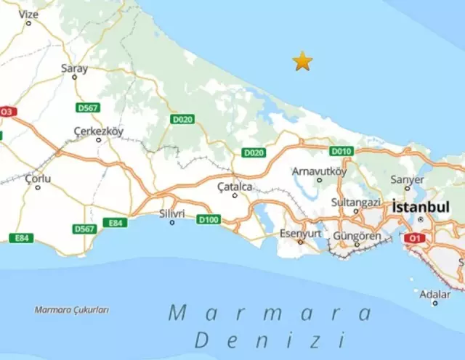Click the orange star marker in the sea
point(302,62)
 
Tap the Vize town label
point(28,13)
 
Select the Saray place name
point(74,68)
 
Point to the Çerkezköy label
point(99,131)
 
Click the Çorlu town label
point(37,178)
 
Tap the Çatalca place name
point(235,187)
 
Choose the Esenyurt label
point(300,233)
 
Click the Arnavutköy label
point(319,171)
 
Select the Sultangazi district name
point(355,201)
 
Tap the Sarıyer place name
point(407,179)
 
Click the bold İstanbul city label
point(421,207)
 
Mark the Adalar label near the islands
point(435,294)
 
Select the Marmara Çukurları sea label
point(72,309)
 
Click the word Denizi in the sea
point(269,339)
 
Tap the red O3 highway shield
point(7,112)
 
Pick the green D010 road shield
point(341,151)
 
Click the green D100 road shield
point(209,219)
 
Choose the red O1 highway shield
point(415,237)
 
